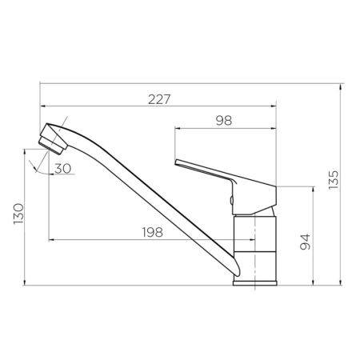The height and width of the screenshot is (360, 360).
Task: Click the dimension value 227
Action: (160, 99)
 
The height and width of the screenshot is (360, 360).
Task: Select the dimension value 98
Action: (225, 121)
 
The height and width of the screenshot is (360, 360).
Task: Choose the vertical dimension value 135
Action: (334, 180)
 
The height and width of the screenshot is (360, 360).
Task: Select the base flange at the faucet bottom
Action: (254, 279)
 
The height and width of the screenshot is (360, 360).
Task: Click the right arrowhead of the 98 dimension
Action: (274, 127)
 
